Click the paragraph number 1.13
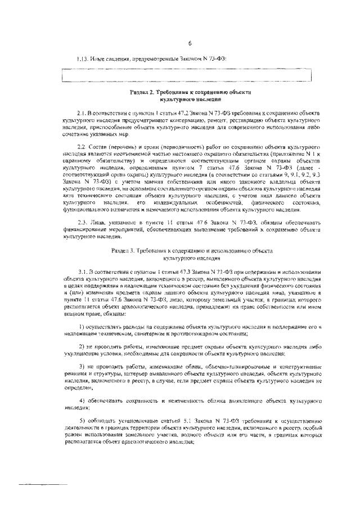click(83, 58)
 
